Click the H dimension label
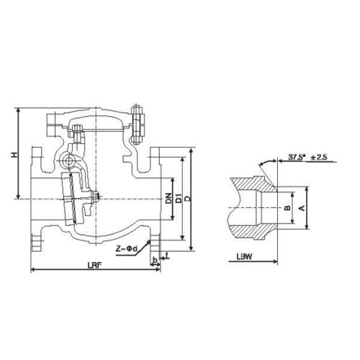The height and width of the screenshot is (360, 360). tap(15, 155)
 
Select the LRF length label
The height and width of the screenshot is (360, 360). tap(95, 265)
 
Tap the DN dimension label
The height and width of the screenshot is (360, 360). tap(169, 198)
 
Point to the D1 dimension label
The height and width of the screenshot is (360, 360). tap(179, 198)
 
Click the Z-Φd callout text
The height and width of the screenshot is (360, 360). tap(127, 249)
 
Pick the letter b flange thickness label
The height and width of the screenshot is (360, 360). tap(155, 260)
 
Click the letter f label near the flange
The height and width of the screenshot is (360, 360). tap(168, 256)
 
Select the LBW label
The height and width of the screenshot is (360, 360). tap(244, 257)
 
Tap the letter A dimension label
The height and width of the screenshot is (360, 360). tap(302, 208)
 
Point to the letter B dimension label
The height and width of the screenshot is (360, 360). tap(287, 208)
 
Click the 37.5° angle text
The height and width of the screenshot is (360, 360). tap(297, 158)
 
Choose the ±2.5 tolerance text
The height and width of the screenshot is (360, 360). tap(319, 158)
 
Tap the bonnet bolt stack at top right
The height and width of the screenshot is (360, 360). tap(136, 125)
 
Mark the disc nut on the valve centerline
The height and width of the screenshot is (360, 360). tap(96, 197)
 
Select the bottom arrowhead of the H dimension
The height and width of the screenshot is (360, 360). tap(18, 196)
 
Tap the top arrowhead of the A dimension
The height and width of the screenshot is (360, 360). tap(307, 190)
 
